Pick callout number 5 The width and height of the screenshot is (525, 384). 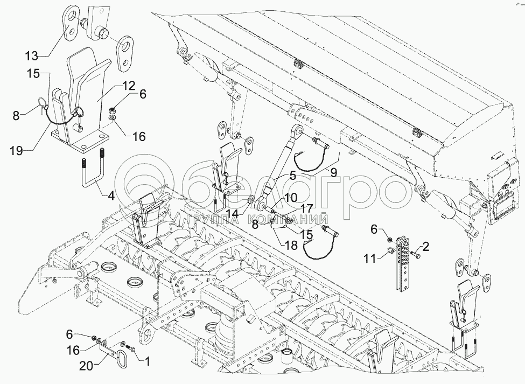(292, 174)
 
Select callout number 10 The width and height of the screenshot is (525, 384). (291, 198)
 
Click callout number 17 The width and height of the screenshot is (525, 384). (306, 207)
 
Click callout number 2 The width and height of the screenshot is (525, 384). (426, 247)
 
